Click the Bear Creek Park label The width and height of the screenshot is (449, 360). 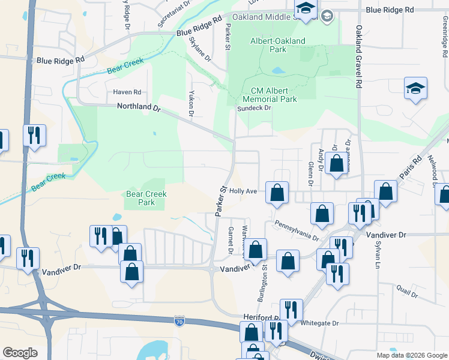click(146, 198)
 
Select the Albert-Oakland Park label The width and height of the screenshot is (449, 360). click(277, 46)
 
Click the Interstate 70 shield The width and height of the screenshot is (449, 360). click(179, 322)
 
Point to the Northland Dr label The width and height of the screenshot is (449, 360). click(140, 109)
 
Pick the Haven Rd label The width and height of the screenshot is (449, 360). click(127, 92)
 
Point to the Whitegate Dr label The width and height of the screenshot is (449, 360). click(319, 323)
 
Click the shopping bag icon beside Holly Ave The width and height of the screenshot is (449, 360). click(277, 193)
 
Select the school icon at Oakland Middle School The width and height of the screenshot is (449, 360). click(306, 8)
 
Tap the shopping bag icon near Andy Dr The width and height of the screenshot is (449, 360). click(336, 163)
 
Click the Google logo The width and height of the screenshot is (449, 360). click(20, 353)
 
